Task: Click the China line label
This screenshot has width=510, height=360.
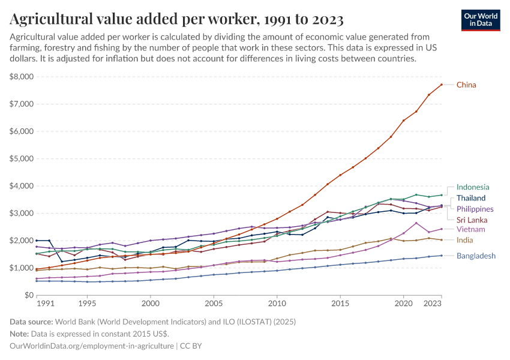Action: pyautogui.click(x=466, y=85)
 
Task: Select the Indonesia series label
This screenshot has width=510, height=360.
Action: pyautogui.click(x=473, y=187)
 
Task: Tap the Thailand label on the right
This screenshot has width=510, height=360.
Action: pyautogui.click(x=471, y=198)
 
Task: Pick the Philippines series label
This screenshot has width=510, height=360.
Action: pyautogui.click(x=475, y=209)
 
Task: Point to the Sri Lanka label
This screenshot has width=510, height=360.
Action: pyautogui.click(x=472, y=220)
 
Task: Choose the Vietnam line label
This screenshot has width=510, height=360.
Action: pyautogui.click(x=470, y=229)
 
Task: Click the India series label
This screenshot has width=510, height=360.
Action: pyautogui.click(x=464, y=240)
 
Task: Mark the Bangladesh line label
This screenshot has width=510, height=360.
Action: pyautogui.click(x=476, y=256)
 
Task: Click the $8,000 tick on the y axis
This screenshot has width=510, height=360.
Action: pyautogui.click(x=22, y=77)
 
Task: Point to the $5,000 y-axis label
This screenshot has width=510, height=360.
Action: pyautogui.click(x=22, y=159)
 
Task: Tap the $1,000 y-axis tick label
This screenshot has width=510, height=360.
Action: pyautogui.click(x=22, y=268)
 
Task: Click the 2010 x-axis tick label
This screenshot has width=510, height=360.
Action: pyautogui.click(x=277, y=304)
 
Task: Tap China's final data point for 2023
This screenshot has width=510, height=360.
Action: pyautogui.click(x=441, y=85)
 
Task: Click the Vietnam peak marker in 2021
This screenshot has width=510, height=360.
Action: pyautogui.click(x=416, y=223)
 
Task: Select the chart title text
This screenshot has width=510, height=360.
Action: pyautogui.click(x=176, y=20)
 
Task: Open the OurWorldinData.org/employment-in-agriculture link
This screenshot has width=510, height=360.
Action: pyautogui.click(x=92, y=346)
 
